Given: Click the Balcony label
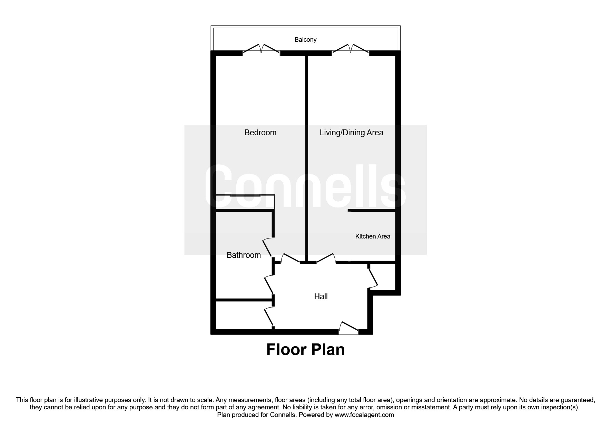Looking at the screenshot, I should coord(305,40).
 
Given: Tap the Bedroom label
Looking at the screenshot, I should coord(260,133).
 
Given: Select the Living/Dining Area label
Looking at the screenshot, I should coord(351,133).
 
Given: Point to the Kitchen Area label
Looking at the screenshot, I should coord(373,236).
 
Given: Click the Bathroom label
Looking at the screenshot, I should coord(244,255).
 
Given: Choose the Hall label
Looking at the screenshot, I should coord(321,296).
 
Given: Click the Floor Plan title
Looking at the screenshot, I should coord(305,350).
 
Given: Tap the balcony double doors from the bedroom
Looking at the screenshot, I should coord(261,49).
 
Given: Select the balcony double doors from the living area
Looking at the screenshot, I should coord(351,49).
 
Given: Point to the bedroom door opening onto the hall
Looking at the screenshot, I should coord(290,259).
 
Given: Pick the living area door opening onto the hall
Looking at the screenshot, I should coord(326,259).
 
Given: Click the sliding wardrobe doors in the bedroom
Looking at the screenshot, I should coord(245,196).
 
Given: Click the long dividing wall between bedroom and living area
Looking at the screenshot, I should coord(306,155).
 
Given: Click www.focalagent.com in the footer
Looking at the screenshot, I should coord(364,415).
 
